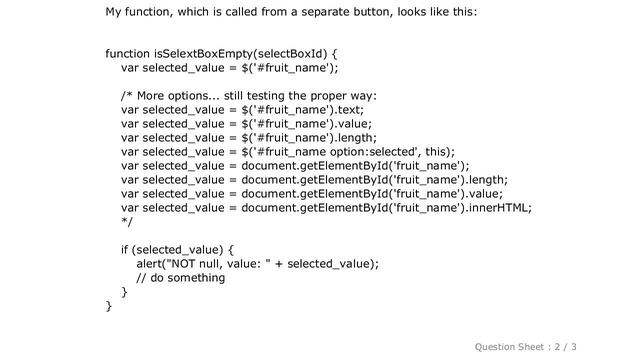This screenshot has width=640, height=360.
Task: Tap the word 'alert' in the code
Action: pos(151,264)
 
